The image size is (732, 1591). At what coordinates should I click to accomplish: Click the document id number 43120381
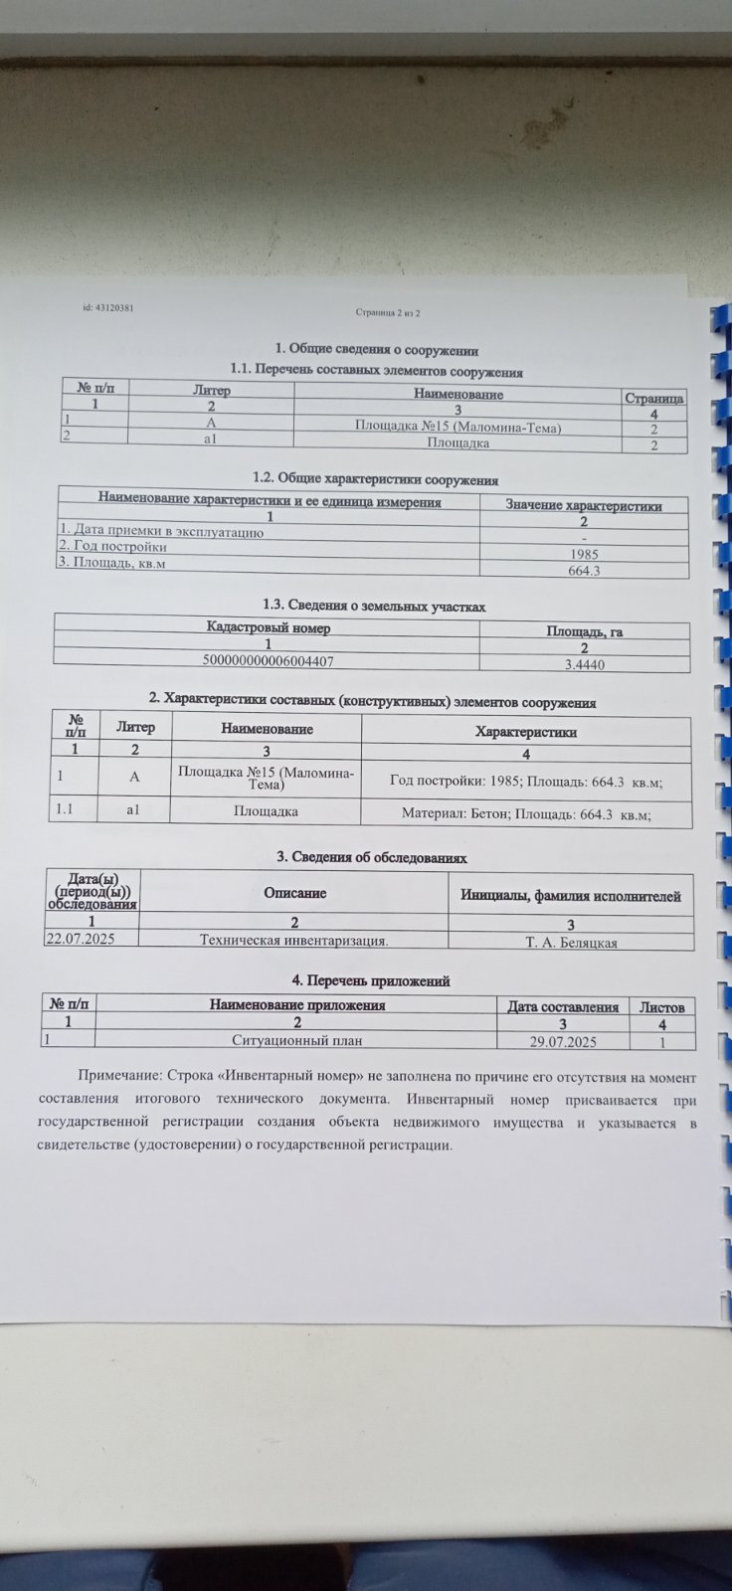pyautogui.click(x=110, y=308)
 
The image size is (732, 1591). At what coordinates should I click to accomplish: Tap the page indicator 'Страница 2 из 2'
pyautogui.click(x=389, y=313)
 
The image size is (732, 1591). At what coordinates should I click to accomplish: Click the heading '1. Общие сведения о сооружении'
pyautogui.click(x=376, y=350)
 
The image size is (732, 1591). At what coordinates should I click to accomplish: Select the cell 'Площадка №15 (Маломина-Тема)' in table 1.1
pyautogui.click(x=458, y=428)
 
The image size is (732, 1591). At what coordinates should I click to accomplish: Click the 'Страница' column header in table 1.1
pyautogui.click(x=653, y=398)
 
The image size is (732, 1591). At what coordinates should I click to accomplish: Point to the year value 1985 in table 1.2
pyautogui.click(x=584, y=554)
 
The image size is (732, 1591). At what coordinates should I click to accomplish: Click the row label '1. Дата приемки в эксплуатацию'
pyautogui.click(x=160, y=531)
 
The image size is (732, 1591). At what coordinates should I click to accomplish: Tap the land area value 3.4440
pyautogui.click(x=584, y=664)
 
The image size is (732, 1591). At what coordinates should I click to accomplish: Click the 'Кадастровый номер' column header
pyautogui.click(x=269, y=628)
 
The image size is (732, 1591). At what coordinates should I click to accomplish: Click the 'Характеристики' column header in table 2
pyautogui.click(x=526, y=732)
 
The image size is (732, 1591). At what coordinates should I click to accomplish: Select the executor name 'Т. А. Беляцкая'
pyautogui.click(x=571, y=942)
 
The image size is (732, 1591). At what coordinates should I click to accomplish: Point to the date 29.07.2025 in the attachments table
pyautogui.click(x=563, y=1041)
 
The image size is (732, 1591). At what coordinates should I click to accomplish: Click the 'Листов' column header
pyautogui.click(x=661, y=1007)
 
